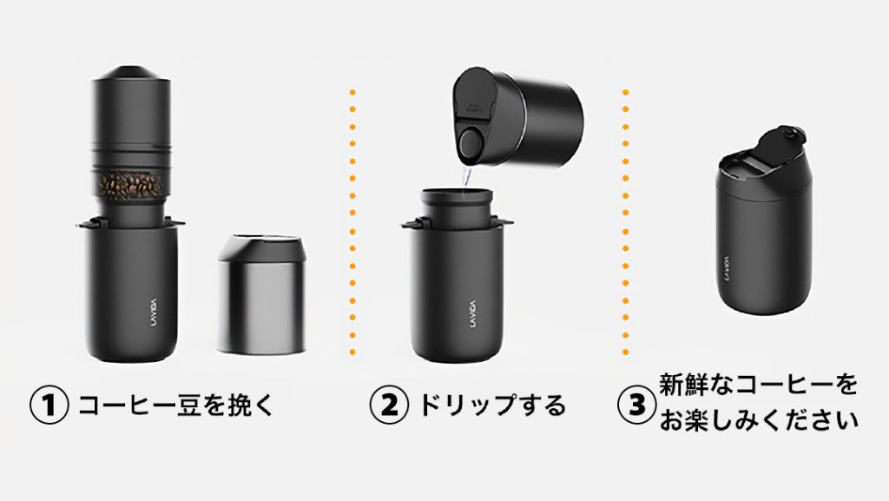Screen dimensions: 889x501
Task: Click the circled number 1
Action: tap(49, 405)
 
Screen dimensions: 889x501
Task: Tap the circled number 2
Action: tap(388, 405)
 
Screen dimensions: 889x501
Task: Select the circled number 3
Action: tap(636, 405)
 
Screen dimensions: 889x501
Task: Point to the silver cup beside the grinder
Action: tap(262, 294)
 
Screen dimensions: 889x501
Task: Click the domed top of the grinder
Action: tap(131, 74)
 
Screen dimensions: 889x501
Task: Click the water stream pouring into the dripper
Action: tap(466, 175)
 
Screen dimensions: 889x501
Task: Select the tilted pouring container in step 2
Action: tap(517, 119)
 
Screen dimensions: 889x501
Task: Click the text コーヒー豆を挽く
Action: tap(175, 405)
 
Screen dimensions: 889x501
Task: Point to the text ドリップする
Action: tap(492, 405)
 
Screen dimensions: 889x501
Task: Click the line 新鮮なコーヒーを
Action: tap(758, 385)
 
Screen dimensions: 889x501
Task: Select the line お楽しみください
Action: tap(758, 420)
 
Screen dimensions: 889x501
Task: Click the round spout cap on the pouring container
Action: tap(470, 143)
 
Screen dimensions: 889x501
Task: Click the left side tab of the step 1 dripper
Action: tap(86, 224)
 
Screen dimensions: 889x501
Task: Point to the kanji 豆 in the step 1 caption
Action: tap(190, 405)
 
